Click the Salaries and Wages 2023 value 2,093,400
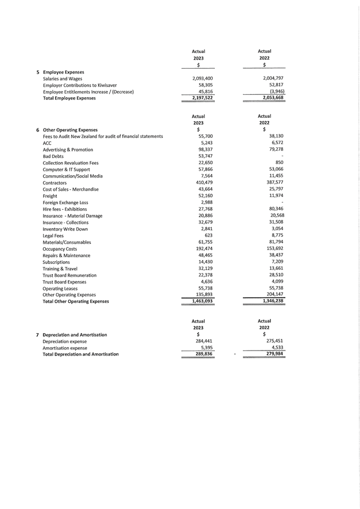coord(202,79)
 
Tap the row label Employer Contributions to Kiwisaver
coord(80,85)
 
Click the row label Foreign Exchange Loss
coord(65,203)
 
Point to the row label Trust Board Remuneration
coord(69,275)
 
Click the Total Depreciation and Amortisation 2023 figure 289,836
coord(201,354)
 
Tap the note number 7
coord(37,335)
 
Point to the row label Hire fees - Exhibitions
coord(65,209)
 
